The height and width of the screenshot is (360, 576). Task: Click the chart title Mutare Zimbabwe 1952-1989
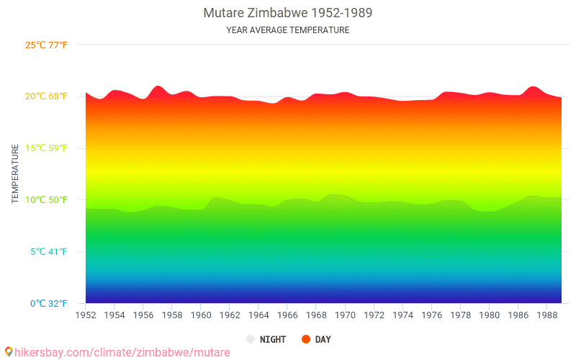(x=288, y=13)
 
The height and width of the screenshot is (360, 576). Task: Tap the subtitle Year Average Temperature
(x=288, y=30)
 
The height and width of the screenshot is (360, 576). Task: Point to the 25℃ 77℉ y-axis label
(x=47, y=45)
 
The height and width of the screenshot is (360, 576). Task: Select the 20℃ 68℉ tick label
(x=47, y=96)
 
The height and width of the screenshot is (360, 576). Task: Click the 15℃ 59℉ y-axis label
(x=47, y=148)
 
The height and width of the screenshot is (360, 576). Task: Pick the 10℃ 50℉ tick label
(x=47, y=200)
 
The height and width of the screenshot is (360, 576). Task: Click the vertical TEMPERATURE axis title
(x=15, y=174)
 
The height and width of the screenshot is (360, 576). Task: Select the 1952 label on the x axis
(x=86, y=315)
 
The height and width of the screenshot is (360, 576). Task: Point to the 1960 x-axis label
(x=201, y=315)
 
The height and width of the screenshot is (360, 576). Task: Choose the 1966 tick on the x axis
(x=287, y=315)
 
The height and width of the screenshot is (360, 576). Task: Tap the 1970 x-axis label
(x=345, y=315)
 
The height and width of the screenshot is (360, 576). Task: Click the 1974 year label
(x=402, y=315)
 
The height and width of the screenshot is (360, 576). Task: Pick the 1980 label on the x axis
(x=490, y=315)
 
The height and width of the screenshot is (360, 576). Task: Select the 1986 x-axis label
(x=518, y=315)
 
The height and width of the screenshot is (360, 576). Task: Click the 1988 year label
(x=547, y=315)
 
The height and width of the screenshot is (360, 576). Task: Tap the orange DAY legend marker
(x=306, y=339)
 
